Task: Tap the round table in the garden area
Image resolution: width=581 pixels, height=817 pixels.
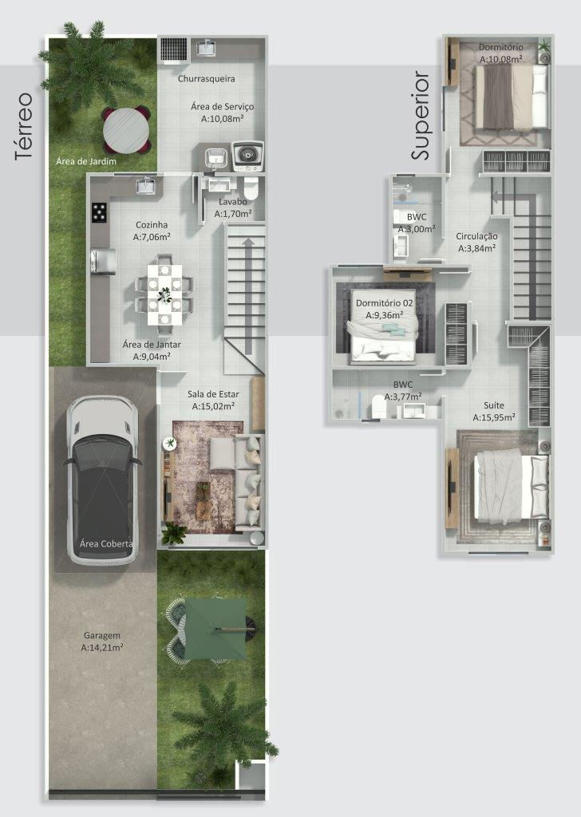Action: tap(126, 128)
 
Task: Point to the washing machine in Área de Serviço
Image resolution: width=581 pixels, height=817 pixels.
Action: tap(247, 156)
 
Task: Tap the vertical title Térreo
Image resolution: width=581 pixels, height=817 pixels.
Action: tap(24, 127)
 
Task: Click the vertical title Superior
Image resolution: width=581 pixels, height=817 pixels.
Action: tap(421, 116)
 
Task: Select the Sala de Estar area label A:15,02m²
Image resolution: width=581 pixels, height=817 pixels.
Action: tap(213, 406)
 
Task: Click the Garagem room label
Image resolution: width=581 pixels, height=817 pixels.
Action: tap(101, 636)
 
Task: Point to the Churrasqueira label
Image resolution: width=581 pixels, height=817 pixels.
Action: tap(200, 79)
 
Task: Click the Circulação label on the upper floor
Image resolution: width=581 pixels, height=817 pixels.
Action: tap(477, 236)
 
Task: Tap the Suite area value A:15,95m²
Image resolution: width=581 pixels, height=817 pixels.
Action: tap(493, 417)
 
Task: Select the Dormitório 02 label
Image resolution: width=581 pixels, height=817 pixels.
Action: tap(384, 303)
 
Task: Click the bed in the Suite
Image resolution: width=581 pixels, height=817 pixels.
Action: tap(511, 486)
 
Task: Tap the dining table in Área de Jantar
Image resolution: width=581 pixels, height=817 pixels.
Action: tap(165, 292)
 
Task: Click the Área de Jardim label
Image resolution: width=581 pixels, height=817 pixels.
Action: tap(86, 162)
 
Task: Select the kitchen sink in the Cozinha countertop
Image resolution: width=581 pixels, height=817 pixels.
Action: tap(145, 187)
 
